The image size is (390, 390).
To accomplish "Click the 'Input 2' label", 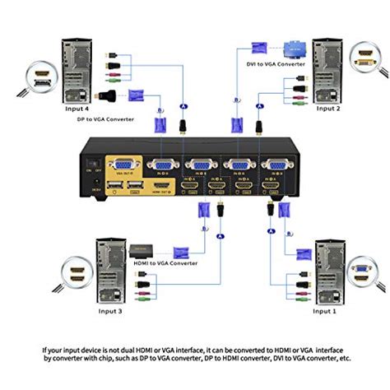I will (328, 108).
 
